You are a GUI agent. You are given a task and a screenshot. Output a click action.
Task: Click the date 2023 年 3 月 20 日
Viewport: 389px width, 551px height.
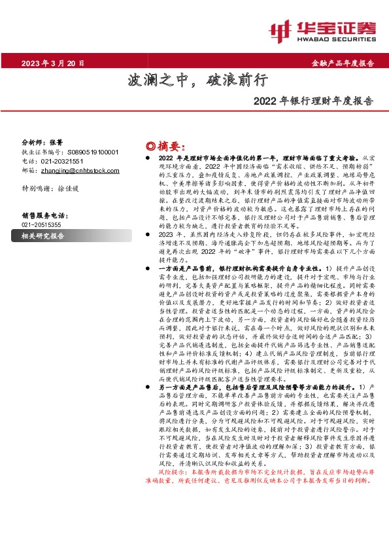click(53, 63)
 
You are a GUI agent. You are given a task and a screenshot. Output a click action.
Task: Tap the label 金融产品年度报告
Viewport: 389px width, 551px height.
click(343, 63)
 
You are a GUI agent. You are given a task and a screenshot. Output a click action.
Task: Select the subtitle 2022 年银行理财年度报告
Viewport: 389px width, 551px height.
click(313, 101)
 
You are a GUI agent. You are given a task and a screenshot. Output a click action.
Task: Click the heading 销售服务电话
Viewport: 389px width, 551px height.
click(45, 215)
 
